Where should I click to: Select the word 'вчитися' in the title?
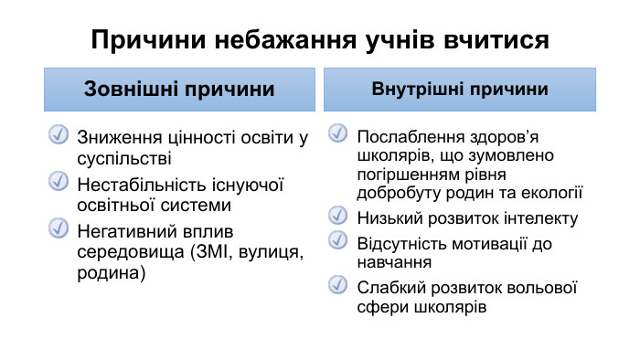499,40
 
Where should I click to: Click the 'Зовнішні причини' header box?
180,90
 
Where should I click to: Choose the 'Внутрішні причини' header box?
460,90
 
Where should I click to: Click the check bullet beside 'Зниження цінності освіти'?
58,136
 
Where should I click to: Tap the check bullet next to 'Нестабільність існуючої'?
58,182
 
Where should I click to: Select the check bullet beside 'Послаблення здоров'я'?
337,134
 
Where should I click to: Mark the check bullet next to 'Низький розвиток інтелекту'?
337,217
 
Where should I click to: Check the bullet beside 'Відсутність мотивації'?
337,241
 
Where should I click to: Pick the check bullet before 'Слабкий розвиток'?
337,286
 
